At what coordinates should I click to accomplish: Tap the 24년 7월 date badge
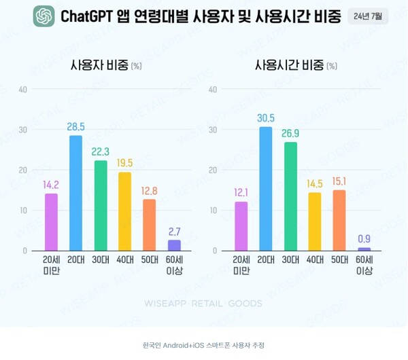(x=367, y=16)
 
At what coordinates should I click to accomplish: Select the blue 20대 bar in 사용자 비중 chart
(x=75, y=193)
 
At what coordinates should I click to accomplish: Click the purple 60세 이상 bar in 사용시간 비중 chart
(x=364, y=249)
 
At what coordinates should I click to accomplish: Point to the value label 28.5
(x=75, y=127)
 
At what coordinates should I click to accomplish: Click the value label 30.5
(x=265, y=118)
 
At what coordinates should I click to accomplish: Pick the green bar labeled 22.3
(x=101, y=205)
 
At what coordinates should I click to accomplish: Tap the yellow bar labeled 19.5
(x=125, y=211)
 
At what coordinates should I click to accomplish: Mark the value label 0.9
(x=364, y=238)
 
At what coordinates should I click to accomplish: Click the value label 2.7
(x=174, y=232)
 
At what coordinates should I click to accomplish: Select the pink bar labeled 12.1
(x=241, y=226)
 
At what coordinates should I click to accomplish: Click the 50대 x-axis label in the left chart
(x=150, y=260)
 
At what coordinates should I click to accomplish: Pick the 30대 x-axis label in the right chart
(x=290, y=260)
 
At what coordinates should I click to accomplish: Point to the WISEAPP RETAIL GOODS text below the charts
(x=203, y=304)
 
